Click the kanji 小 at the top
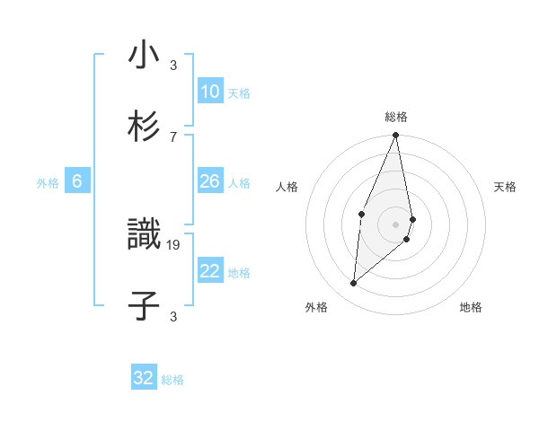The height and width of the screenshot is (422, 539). click(144, 56)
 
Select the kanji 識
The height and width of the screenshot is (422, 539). click(144, 235)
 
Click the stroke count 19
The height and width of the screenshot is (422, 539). click(173, 243)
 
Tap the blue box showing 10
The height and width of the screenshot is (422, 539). click(210, 92)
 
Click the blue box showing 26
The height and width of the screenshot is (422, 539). click(210, 182)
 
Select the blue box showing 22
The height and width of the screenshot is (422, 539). click(210, 272)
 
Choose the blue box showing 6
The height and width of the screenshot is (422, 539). click(77, 182)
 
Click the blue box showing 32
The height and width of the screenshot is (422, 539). click(144, 378)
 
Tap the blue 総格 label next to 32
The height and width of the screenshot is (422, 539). click(172, 380)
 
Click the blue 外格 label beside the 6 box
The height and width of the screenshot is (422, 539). click(48, 183)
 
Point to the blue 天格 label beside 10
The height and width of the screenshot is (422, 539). click(239, 93)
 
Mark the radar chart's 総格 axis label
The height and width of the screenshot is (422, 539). click(396, 117)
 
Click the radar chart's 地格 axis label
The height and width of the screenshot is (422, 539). click(471, 307)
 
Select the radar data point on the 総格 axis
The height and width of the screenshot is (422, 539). click(396, 136)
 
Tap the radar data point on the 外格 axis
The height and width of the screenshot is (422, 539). click(354, 284)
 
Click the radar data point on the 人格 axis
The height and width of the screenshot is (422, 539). click(361, 214)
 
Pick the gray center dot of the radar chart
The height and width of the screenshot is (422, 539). click(396, 224)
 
